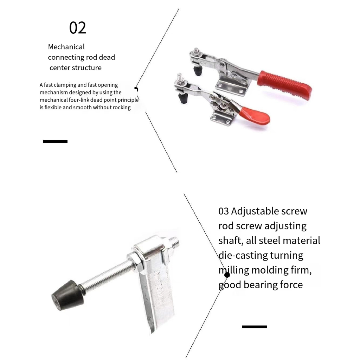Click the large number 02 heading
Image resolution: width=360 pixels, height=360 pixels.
point(78,28)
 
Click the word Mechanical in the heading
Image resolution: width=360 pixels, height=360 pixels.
point(66,47)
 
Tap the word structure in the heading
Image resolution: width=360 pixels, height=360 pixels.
point(87,68)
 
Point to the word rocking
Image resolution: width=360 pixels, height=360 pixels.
point(122,108)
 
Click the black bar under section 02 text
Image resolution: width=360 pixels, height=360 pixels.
point(55,141)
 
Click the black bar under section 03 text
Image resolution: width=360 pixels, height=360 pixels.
point(255,327)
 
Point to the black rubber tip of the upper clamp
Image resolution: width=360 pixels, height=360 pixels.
point(198,70)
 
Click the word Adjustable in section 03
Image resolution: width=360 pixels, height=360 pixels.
point(252,211)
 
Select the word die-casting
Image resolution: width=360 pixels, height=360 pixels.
point(243,255)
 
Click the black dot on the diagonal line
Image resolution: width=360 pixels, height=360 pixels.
point(227,275)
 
